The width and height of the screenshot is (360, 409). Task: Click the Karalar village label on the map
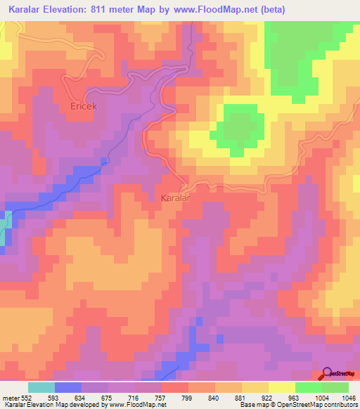coord(176,198)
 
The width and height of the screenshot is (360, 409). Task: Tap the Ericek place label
coord(83,106)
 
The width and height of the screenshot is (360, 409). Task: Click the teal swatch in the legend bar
coord(41,387)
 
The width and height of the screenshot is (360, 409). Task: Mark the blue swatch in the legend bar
coord(67,387)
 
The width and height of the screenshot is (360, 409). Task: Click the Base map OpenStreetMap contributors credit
coord(298,404)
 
